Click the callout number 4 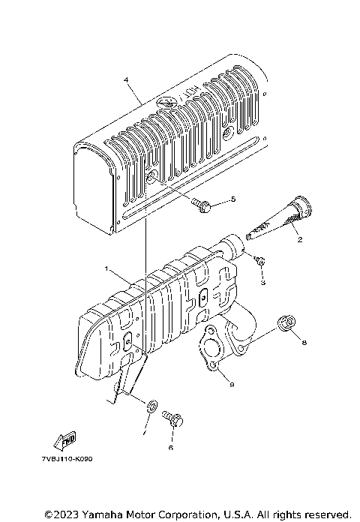coord(126,80)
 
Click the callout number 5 coord(233,199)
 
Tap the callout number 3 coord(263,284)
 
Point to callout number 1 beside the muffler coord(106,268)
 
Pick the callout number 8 coord(304,343)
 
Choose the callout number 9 coord(231,385)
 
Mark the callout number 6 coord(170,447)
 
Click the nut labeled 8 coord(285,323)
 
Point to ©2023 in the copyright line coord(61,514)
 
